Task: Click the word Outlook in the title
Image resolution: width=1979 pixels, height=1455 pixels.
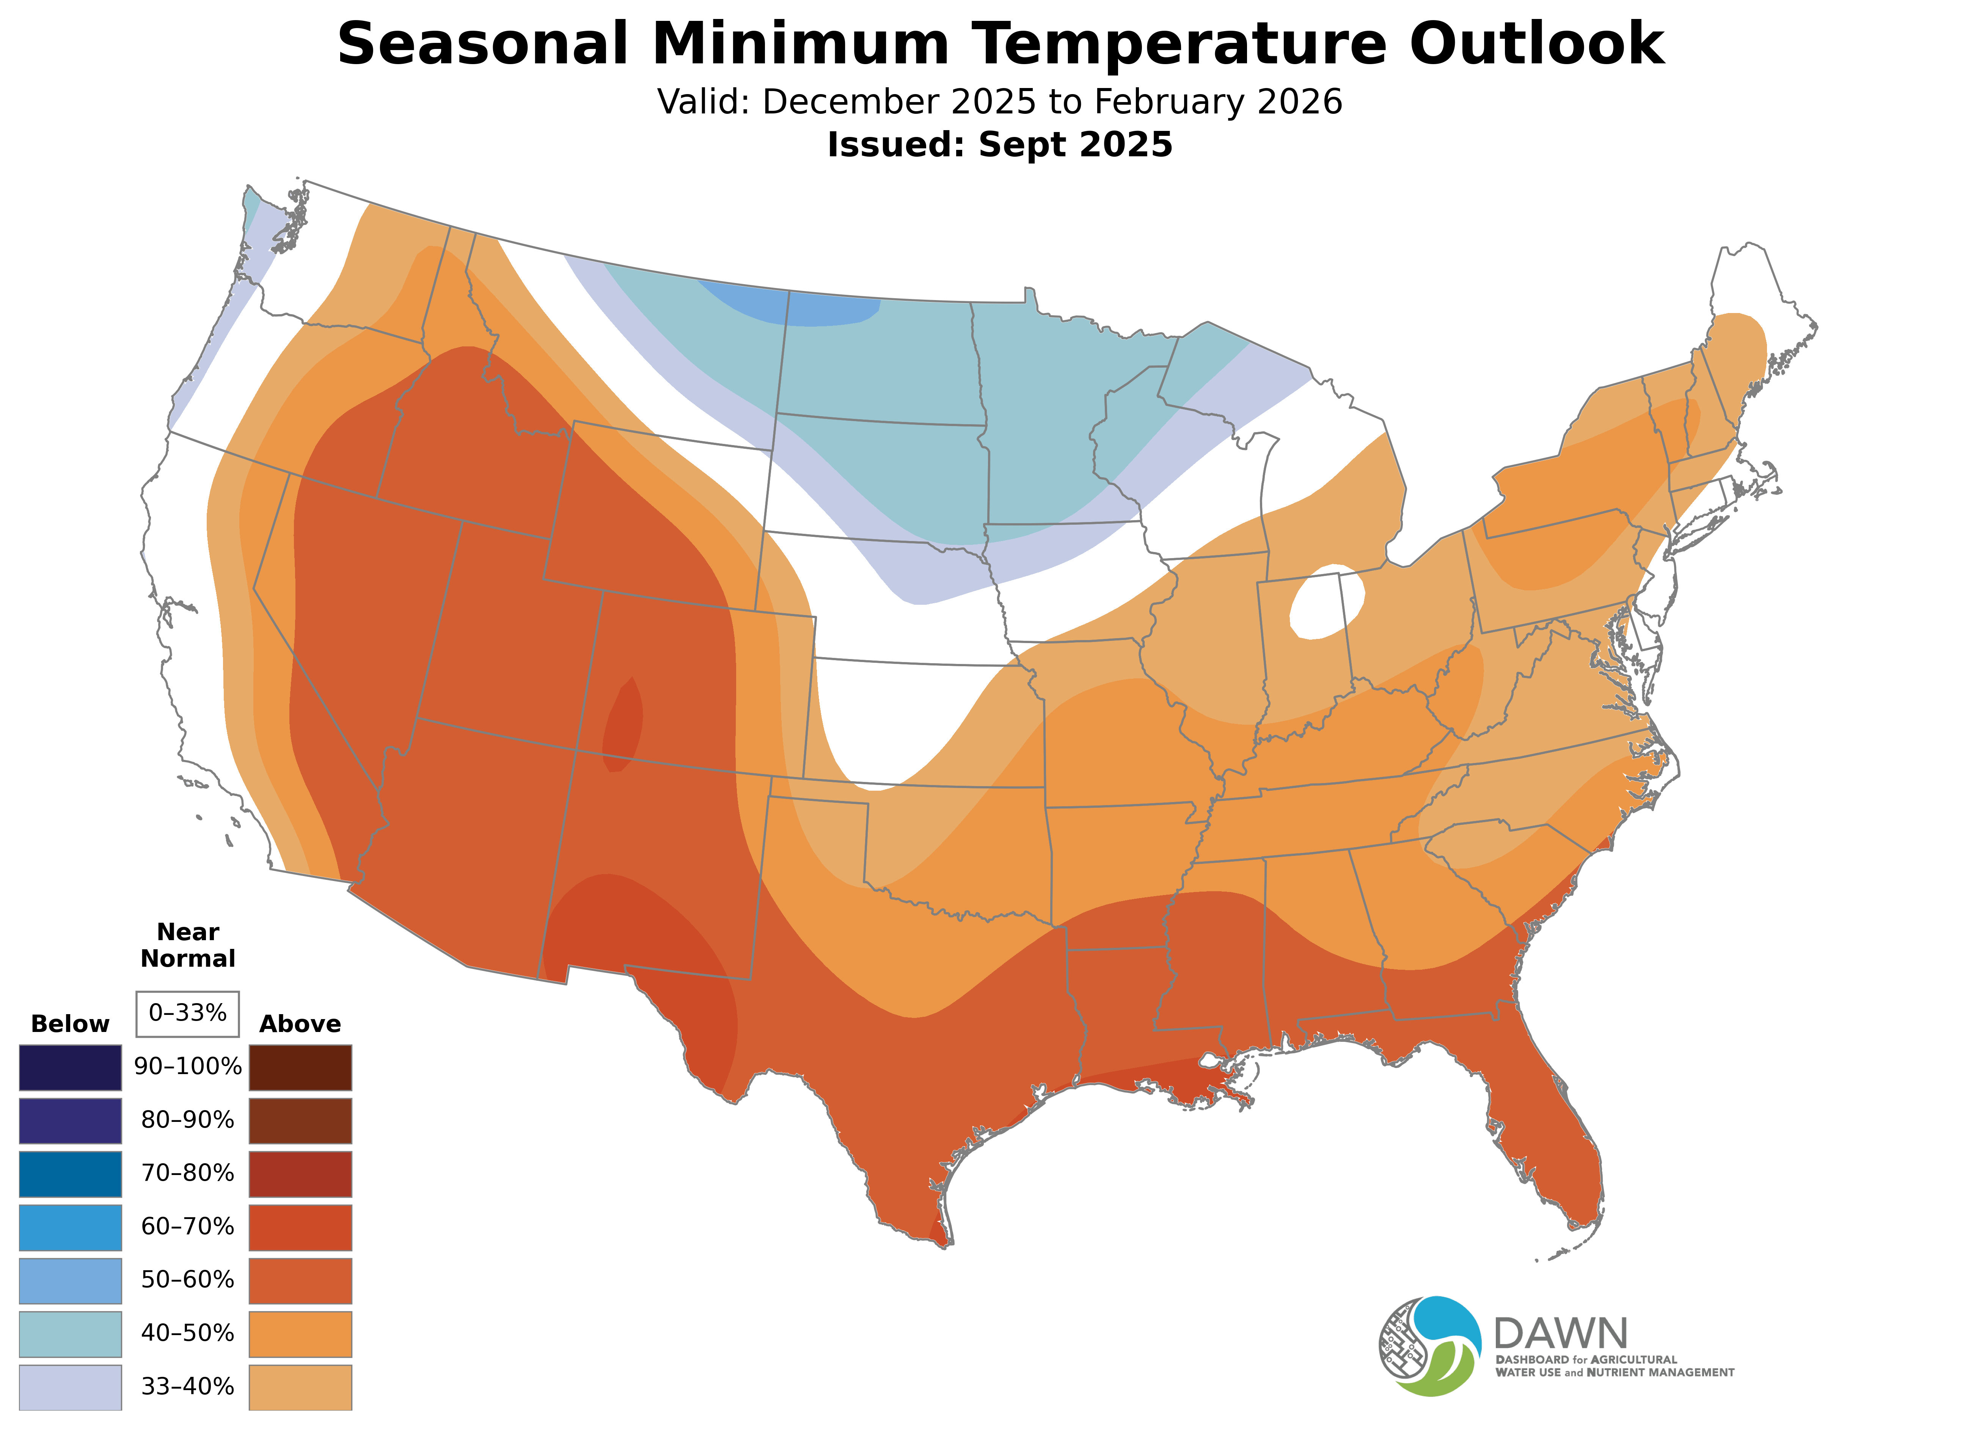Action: pos(1536,44)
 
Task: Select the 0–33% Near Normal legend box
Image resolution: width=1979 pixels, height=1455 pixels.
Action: pos(187,1014)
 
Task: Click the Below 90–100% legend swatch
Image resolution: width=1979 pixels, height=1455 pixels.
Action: pos(71,1068)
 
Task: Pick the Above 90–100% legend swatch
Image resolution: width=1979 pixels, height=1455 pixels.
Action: pos(300,1068)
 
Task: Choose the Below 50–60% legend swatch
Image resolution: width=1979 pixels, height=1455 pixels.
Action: pos(71,1280)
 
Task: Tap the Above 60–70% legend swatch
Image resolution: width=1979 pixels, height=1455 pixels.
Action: pos(300,1227)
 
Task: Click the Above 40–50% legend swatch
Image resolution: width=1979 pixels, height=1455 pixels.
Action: pos(300,1334)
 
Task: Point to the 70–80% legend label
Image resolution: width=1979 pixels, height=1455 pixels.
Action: pos(187,1174)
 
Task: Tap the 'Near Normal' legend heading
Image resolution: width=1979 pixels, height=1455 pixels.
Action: pos(187,945)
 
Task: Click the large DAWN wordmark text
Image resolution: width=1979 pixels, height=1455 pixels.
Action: pos(1561,1334)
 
